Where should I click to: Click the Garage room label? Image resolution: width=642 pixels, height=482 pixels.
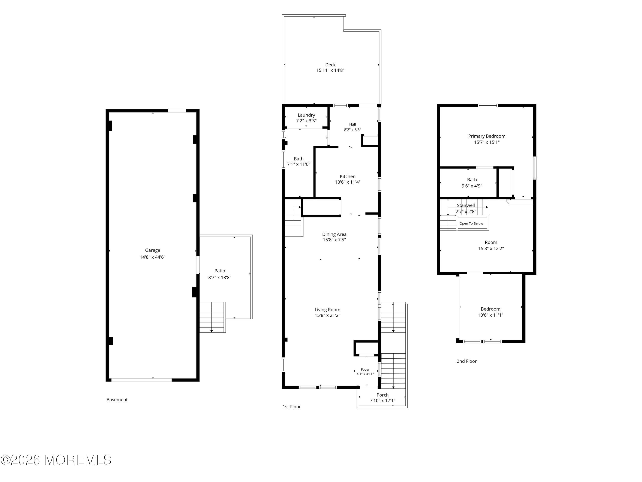pos(152,250)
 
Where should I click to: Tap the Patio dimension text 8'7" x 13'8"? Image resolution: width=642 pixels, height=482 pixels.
pos(220,277)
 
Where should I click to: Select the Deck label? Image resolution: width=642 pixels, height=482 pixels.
pos(330,65)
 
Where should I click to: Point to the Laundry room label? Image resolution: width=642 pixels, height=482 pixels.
pos(306,115)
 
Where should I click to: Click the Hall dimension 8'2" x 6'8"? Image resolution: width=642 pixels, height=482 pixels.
pos(352,130)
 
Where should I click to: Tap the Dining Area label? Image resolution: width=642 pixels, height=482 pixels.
pos(334,234)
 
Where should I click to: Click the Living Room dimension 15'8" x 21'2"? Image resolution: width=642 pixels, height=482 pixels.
pos(327,315)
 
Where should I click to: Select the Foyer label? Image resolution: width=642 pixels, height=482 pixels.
pos(365,370)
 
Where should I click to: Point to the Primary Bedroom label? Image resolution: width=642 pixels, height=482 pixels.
pos(486,136)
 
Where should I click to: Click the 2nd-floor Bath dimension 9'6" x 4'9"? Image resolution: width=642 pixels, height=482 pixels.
pos(472,186)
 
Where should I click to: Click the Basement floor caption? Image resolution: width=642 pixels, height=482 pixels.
pos(117,400)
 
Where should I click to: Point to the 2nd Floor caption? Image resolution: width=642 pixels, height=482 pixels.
pos(466,361)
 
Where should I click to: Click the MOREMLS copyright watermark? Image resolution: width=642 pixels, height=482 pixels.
pos(56,460)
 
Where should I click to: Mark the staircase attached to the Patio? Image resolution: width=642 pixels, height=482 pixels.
pos(213,317)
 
